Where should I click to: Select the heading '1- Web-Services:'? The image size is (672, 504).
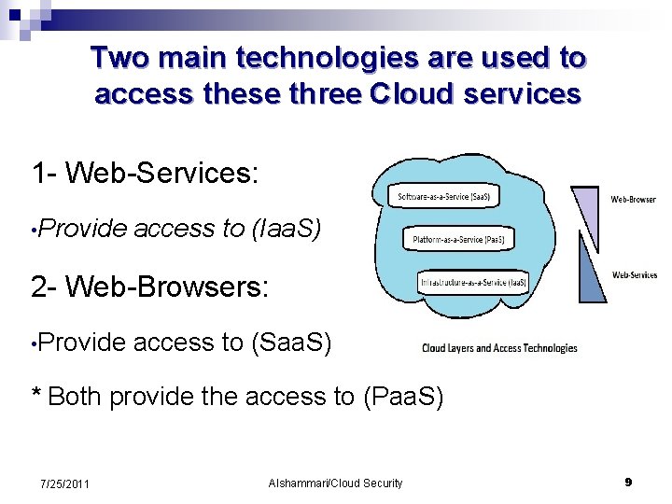[144, 173]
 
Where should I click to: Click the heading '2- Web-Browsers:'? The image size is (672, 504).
[149, 287]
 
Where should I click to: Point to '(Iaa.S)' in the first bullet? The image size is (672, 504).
[287, 229]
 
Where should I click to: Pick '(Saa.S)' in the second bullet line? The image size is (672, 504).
[292, 343]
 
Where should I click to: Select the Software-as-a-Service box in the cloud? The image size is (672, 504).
[443, 197]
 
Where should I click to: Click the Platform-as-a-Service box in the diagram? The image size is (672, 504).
[458, 240]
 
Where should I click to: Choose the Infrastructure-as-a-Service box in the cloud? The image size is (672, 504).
[473, 282]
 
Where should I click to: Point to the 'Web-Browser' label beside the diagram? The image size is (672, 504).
[634, 200]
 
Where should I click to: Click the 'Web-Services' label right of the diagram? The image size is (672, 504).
[635, 275]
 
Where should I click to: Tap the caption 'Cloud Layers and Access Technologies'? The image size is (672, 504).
[499, 348]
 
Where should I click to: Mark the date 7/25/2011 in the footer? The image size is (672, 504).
[64, 483]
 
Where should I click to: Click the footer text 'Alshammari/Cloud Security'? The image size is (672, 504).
[335, 483]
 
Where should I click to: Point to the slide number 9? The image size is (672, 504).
[628, 483]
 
